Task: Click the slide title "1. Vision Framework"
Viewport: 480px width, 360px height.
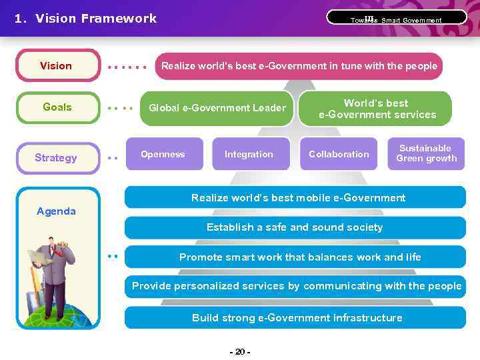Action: (85, 19)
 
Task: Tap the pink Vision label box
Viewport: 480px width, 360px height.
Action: (57, 65)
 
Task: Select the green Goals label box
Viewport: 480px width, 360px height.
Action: (57, 107)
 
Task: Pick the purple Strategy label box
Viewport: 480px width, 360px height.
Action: (57, 158)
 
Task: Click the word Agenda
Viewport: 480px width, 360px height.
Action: (56, 211)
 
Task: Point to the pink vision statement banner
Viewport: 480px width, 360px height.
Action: (299, 66)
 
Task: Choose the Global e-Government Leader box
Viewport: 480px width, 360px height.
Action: (217, 108)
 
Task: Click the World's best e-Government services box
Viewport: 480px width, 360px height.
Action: (377, 109)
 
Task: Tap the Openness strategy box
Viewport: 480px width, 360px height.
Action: (163, 154)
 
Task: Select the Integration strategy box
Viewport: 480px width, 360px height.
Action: (249, 154)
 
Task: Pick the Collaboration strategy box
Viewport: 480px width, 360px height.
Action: (339, 154)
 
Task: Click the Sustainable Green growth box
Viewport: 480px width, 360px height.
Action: (426, 153)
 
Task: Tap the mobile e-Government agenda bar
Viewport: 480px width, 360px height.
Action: (298, 198)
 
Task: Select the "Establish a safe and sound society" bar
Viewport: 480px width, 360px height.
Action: (294, 227)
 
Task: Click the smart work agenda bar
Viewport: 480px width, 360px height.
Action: (299, 257)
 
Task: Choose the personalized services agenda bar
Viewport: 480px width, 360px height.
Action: (296, 286)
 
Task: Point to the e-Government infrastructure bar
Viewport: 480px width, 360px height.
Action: (297, 317)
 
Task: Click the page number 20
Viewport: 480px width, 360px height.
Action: (239, 352)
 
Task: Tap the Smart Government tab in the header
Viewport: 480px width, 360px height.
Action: (396, 18)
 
